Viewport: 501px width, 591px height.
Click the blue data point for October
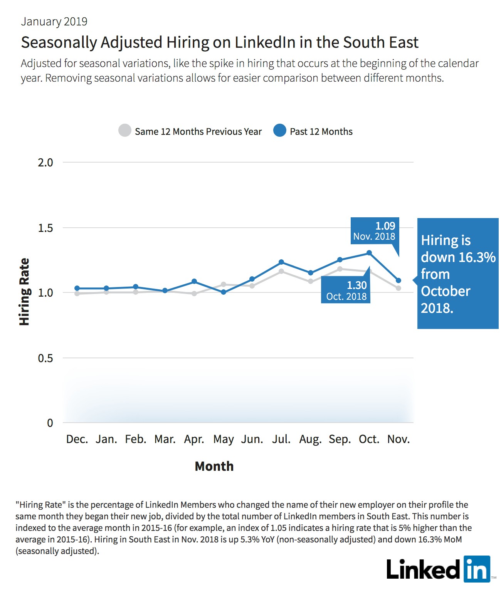(369, 253)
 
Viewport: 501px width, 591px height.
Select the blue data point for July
(281, 262)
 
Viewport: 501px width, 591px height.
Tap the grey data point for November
(398, 288)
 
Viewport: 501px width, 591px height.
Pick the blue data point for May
(224, 292)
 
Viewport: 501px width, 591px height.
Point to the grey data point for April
(194, 293)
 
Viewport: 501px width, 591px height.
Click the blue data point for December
(77, 288)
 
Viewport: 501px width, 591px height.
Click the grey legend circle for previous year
(125, 130)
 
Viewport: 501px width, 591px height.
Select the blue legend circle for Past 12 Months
(280, 130)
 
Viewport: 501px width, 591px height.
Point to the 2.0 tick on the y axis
(45, 163)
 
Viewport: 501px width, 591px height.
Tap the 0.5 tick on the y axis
(45, 358)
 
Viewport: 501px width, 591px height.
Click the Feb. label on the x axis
(136, 439)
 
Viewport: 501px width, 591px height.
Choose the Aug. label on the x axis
(311, 440)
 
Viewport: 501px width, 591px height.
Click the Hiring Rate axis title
(24, 292)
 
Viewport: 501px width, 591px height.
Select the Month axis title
(214, 466)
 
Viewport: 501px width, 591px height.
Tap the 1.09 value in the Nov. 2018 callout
(385, 226)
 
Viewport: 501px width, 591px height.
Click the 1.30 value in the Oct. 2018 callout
(356, 285)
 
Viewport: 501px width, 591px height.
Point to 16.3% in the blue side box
(477, 257)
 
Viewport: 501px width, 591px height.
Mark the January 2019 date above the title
(54, 22)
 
